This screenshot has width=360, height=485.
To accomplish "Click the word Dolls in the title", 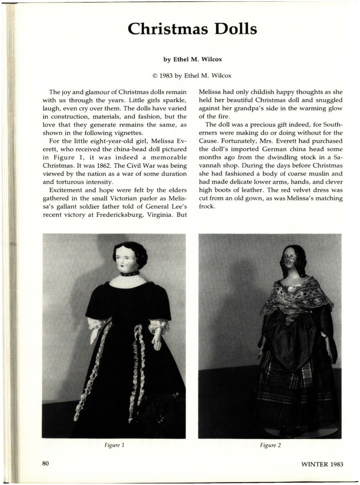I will (x=233, y=29).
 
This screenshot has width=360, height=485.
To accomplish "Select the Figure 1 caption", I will (x=114, y=445).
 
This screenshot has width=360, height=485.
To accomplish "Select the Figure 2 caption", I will (x=270, y=445).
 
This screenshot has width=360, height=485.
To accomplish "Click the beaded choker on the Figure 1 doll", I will (x=130, y=274).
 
